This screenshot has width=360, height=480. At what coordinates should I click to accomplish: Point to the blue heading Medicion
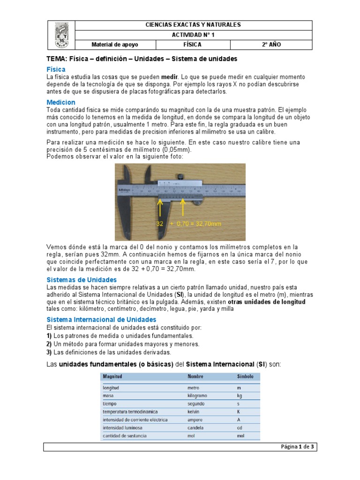coord(61,102)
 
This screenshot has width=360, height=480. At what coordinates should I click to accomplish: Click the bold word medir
coord(170,76)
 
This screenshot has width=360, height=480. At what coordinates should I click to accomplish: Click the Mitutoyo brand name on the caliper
coord(124,190)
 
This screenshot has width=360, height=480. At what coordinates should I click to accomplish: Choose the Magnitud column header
coord(113,376)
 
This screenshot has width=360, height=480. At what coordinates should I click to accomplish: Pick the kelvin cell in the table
coord(194,412)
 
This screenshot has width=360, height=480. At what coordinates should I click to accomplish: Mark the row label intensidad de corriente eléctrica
coord(133,420)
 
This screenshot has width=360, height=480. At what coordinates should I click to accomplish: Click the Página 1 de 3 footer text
coord(298,447)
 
